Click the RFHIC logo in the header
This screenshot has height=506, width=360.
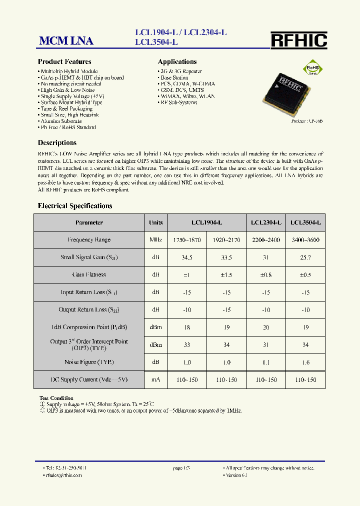[298, 40]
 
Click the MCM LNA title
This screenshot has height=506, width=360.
[66, 41]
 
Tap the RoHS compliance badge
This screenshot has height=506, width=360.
[312, 68]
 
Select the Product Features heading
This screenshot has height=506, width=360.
[64, 62]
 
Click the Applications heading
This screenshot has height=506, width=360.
[177, 62]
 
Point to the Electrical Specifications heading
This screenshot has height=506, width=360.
[75, 206]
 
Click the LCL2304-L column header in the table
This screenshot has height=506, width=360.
[265, 222]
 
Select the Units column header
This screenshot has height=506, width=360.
[155, 222]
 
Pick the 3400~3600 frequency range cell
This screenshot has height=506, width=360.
[305, 240]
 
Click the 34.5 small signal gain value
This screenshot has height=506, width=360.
[186, 257]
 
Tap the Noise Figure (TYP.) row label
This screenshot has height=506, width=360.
[89, 362]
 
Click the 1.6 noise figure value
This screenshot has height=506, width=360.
[305, 362]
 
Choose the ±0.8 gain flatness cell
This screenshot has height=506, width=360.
[265, 274]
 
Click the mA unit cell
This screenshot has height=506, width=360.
[155, 380]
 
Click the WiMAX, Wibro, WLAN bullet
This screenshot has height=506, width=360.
[180, 96]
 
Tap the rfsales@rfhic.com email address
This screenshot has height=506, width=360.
[64, 475]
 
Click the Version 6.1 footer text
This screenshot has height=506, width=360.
[237, 475]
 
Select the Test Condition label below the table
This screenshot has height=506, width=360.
[56, 398]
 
